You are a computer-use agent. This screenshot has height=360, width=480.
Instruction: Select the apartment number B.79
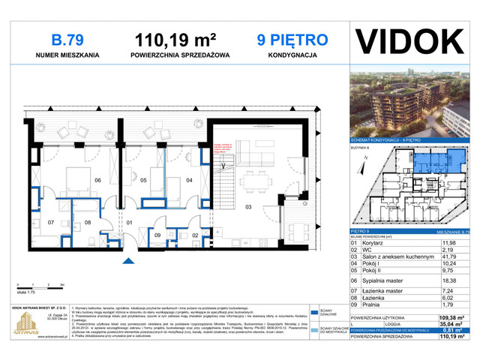point(63,39)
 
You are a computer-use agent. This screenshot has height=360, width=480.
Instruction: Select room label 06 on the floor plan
point(97,180)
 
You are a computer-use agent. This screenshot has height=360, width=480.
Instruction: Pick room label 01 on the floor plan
point(128,223)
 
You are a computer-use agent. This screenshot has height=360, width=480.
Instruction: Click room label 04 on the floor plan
point(189,180)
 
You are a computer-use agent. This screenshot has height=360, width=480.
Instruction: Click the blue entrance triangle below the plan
point(128,259)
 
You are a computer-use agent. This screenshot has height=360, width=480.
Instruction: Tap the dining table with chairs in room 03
point(253,180)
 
